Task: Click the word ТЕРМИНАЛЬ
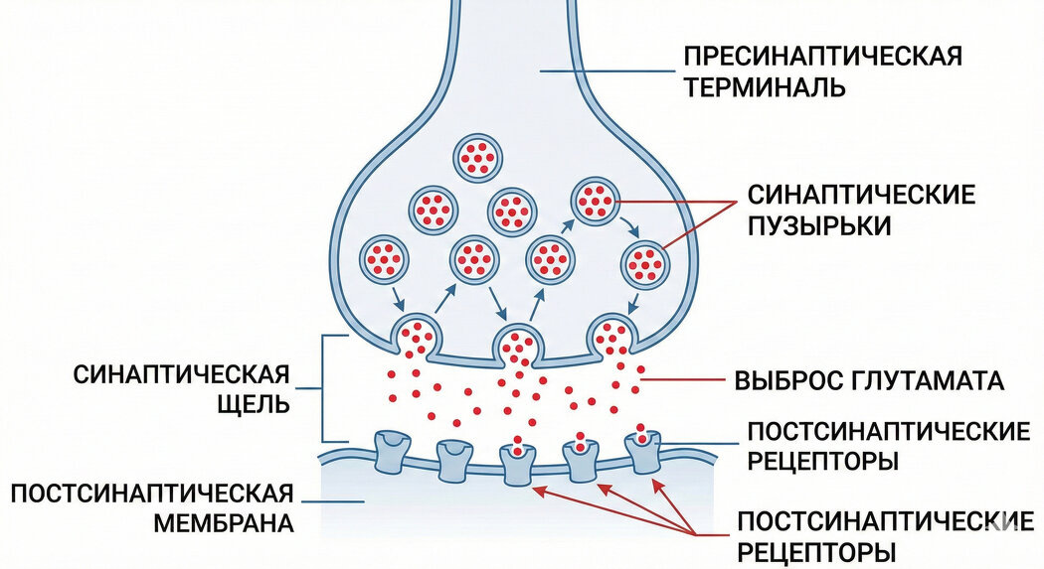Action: [764, 87]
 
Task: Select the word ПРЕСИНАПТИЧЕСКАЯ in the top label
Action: [822, 56]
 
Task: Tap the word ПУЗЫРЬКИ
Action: [818, 225]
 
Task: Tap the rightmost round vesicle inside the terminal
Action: [647, 265]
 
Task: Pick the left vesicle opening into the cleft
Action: [417, 336]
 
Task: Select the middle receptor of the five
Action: [517, 461]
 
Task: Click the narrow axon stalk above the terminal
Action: [514, 40]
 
